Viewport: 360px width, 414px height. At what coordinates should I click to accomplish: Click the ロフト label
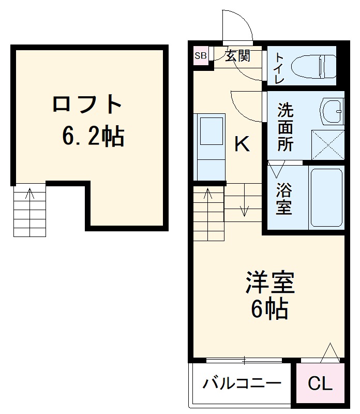[x=87, y=105]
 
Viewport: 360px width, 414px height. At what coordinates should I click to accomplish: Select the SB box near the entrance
[x=201, y=55]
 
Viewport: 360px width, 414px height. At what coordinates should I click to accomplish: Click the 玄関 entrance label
[x=238, y=55]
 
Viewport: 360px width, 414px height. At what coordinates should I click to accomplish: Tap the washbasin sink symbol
[x=332, y=110]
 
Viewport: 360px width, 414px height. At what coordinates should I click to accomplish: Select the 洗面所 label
[x=285, y=127]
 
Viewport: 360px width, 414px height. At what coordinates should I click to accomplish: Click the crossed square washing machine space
[x=327, y=144]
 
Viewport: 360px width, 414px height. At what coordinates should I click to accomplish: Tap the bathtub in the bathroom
[x=326, y=197]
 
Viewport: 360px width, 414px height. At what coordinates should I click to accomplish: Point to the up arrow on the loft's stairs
[x=30, y=196]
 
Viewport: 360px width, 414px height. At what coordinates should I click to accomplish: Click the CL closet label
[x=320, y=384]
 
